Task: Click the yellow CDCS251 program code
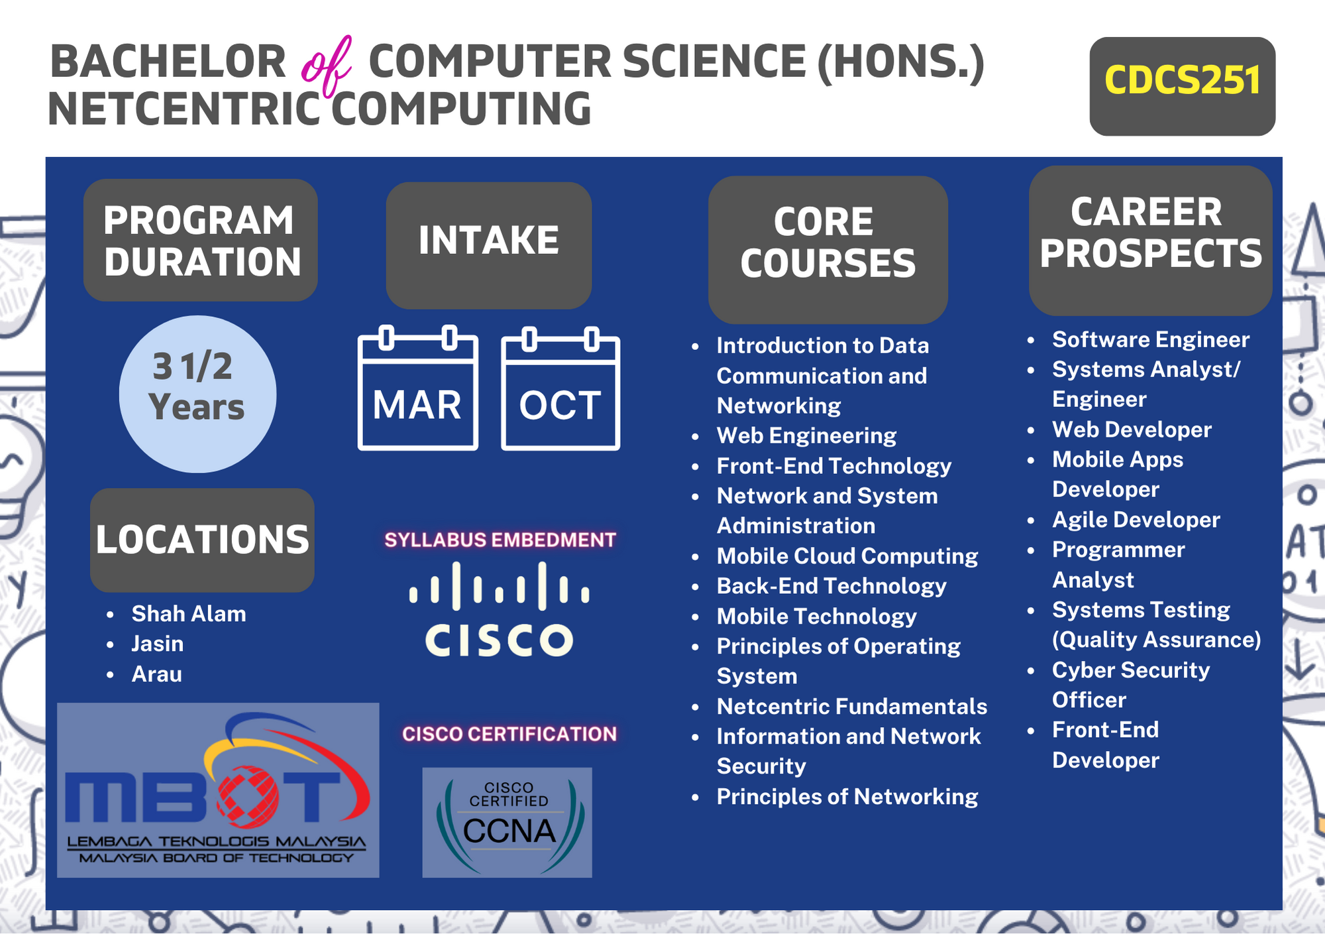click(x=1182, y=80)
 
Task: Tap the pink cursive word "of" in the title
click(x=326, y=66)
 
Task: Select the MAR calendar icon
click(x=418, y=388)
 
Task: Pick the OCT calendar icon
click(x=560, y=388)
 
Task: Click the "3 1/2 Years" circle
click(x=197, y=394)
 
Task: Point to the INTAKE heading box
click(x=489, y=245)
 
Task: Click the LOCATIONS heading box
click(x=202, y=540)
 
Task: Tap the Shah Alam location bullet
click(x=189, y=614)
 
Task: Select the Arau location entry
click(x=156, y=674)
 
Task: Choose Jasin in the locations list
click(x=158, y=644)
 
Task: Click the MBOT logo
click(x=218, y=790)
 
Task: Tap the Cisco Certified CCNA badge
click(x=507, y=823)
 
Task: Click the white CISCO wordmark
click(x=500, y=640)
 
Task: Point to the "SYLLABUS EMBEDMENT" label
click(x=500, y=540)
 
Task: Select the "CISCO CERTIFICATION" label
click(x=509, y=734)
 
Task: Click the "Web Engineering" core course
click(x=806, y=436)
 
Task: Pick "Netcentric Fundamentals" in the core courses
click(x=852, y=707)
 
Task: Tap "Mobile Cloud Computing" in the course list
click(x=847, y=556)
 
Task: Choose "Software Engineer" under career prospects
click(x=1151, y=339)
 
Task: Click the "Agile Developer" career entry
click(x=1136, y=520)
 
